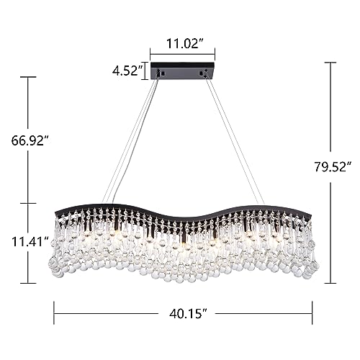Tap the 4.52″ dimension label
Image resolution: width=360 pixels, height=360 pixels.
pyautogui.click(x=127, y=71)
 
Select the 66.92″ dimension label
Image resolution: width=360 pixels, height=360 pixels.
pyautogui.click(x=30, y=140)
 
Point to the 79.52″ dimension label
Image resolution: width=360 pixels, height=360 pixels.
pyautogui.click(x=333, y=167)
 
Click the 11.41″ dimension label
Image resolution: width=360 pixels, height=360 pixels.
pyautogui.click(x=30, y=242)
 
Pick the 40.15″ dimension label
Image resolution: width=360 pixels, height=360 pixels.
pyautogui.click(x=188, y=313)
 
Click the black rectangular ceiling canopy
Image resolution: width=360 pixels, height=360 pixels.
pyautogui.click(x=182, y=71)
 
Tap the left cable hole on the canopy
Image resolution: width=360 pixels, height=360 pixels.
pyautogui.click(x=163, y=73)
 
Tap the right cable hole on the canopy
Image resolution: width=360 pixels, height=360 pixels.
pyautogui.click(x=201, y=73)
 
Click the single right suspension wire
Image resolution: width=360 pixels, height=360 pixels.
pyautogui.click(x=235, y=141)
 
